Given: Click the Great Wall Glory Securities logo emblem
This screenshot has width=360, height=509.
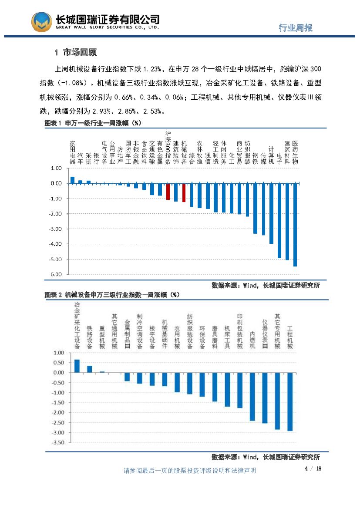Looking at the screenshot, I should tap(40, 21).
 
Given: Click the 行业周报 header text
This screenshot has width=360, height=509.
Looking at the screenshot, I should tap(296, 28).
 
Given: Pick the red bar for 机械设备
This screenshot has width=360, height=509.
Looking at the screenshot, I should tap(184, 192).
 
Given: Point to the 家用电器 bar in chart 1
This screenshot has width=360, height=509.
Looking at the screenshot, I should tap(72, 180).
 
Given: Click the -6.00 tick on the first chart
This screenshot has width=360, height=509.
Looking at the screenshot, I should tap(56, 274).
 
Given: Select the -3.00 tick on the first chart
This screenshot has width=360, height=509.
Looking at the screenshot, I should tap(56, 229).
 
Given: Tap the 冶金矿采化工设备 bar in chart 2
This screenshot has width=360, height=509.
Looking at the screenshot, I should tap(77, 366).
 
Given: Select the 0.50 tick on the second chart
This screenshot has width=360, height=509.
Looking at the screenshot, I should tap(58, 363).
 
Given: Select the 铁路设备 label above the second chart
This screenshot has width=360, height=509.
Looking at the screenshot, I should tap(90, 337).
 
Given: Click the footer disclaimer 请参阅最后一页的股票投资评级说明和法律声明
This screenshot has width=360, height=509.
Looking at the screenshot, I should tap(190, 471).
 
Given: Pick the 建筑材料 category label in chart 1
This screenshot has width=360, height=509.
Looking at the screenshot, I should tap(287, 152).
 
